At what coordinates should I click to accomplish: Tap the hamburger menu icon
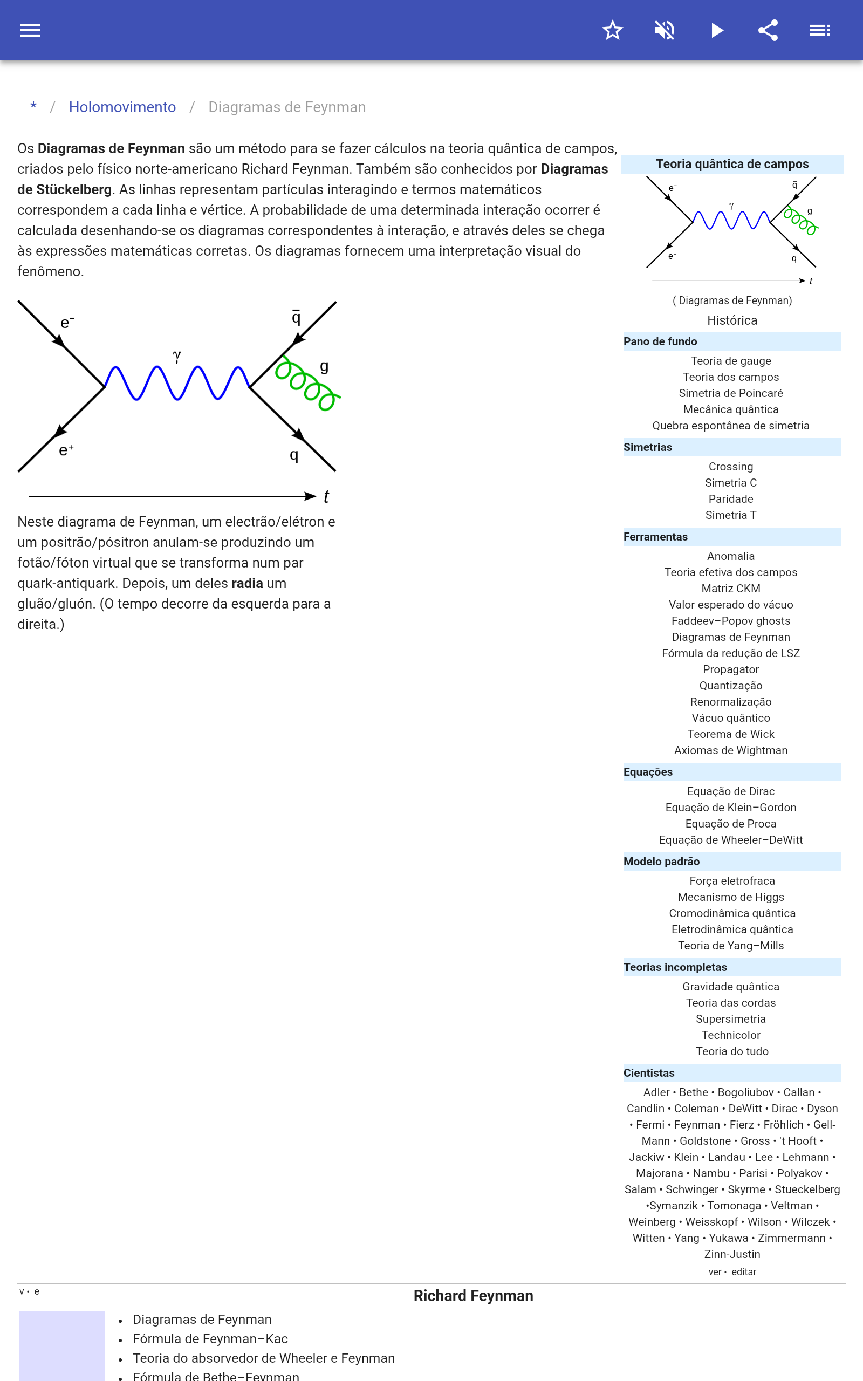[30, 30]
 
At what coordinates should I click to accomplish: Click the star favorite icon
[612, 30]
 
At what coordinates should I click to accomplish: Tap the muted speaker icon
[665, 30]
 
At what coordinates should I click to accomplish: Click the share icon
[768, 30]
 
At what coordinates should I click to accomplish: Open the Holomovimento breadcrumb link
[122, 107]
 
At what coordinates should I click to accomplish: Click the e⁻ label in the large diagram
[67, 323]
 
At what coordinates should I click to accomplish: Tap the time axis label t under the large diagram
[326, 496]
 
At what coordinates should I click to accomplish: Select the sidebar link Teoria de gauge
[730, 361]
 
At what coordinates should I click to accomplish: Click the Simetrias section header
[647, 447]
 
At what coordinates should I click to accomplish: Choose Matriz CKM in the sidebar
[730, 589]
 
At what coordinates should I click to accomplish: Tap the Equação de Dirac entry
[730, 791]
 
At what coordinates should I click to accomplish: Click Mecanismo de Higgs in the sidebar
[730, 897]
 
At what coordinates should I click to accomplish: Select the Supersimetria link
[730, 1018]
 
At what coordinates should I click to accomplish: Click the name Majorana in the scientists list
[659, 1173]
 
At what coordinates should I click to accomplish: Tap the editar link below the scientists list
[744, 1271]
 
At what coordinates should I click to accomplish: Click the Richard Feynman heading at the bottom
[473, 1296]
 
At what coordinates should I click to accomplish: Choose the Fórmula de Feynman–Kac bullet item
[210, 1339]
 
